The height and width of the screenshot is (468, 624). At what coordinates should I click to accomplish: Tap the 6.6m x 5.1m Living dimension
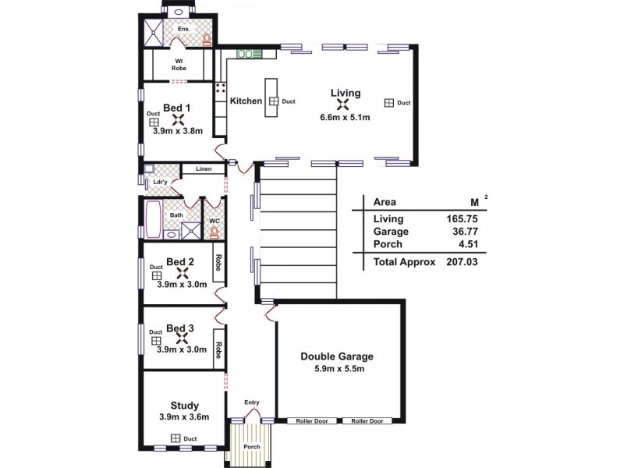tap(344, 118)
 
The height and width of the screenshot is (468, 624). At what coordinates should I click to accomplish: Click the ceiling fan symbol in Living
tap(345, 105)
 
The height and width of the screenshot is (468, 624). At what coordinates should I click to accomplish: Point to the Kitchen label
tap(246, 101)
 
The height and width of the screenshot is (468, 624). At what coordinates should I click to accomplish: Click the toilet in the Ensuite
tap(207, 39)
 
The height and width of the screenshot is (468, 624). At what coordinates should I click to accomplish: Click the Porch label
tap(250, 447)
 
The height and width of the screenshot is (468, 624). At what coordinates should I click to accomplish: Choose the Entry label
tap(251, 402)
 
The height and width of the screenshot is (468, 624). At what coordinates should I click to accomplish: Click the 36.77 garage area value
tap(463, 232)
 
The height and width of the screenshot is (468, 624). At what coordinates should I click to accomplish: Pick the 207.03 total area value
tap(461, 262)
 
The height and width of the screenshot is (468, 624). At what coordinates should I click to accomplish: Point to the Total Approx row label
tap(404, 262)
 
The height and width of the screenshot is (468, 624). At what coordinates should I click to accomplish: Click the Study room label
tap(184, 405)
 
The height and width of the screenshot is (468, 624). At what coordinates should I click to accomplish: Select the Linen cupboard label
tap(204, 168)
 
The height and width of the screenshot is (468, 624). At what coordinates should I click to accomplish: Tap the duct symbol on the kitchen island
tap(274, 101)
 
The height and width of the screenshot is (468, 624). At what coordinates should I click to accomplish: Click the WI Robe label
tap(179, 63)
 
